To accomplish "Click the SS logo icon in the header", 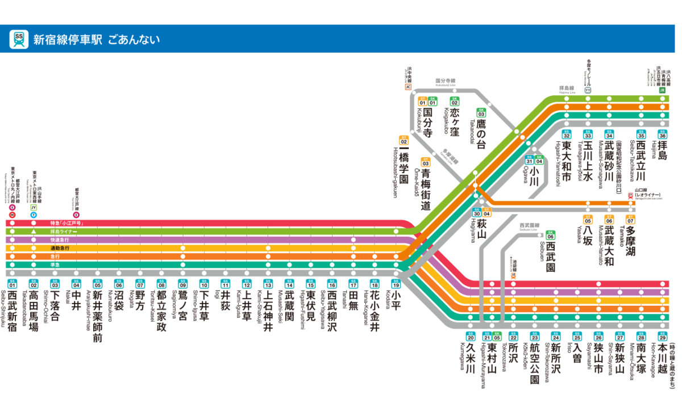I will pyautogui.click(x=19, y=39).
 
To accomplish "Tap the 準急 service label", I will pyautogui.click(x=55, y=264).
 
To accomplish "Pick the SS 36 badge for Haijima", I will pyautogui.click(x=662, y=135).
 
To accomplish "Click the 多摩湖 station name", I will pyautogui.click(x=630, y=241).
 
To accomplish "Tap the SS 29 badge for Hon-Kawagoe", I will pyautogui.click(x=662, y=335).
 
